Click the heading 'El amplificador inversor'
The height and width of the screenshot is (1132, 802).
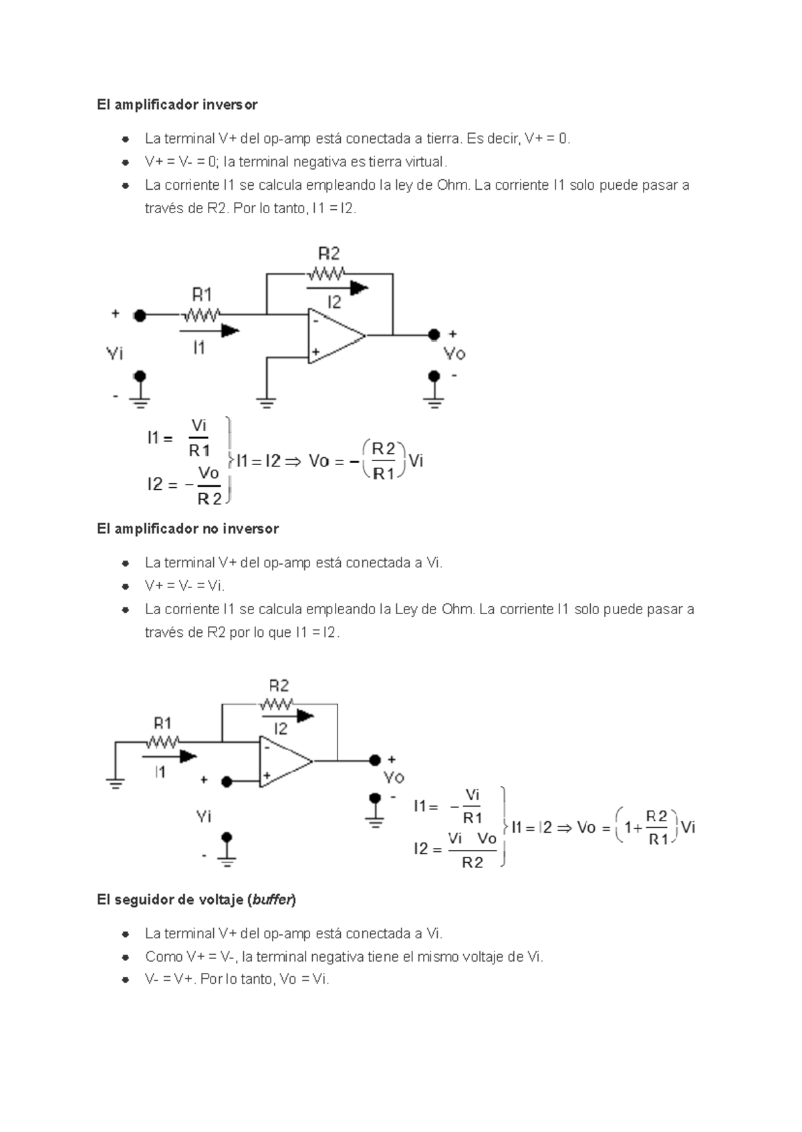176,105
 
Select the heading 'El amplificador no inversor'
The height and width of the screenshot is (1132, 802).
187,529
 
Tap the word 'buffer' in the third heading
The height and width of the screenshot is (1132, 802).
271,900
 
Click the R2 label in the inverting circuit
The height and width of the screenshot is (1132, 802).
329,254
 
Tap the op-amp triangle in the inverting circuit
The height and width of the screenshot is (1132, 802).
334,336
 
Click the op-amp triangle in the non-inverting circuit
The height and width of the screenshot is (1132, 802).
283,762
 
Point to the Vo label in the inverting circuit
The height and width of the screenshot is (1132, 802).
454,353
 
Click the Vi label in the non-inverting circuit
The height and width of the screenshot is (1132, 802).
204,817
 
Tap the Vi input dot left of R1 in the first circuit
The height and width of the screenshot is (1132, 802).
140,315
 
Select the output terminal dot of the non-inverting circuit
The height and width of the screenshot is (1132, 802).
375,760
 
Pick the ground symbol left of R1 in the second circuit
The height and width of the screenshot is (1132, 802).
116,783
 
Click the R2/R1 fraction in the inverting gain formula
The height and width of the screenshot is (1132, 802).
384,461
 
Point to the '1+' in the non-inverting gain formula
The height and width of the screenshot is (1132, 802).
632,828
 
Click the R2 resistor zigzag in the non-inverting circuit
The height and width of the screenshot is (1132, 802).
277,704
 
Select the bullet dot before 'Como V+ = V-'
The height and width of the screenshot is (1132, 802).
125,957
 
